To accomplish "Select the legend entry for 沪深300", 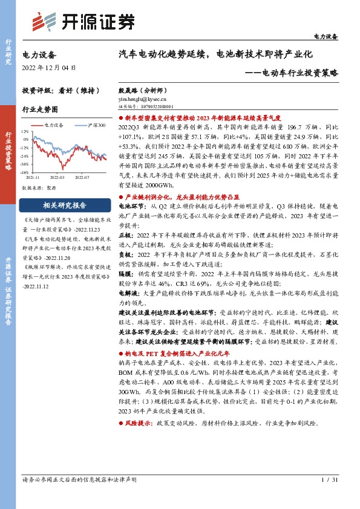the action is (x=92, y=125).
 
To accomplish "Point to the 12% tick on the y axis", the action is (x=25, y=131).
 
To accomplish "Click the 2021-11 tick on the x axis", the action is (x=33, y=178).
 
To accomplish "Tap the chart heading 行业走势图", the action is (x=40, y=110).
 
